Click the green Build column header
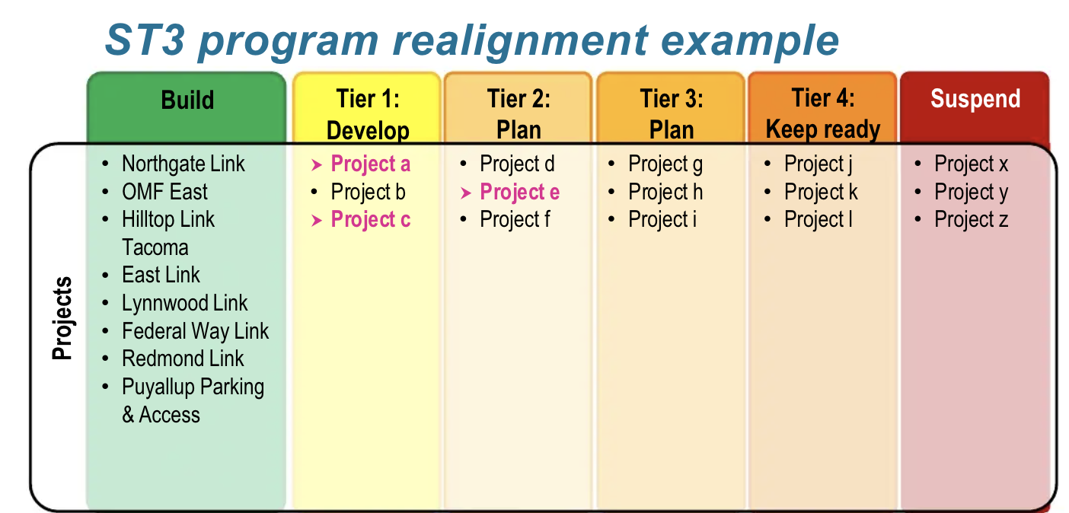(x=187, y=100)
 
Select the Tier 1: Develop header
(x=368, y=114)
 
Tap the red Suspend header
(x=975, y=100)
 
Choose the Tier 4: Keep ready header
(x=822, y=114)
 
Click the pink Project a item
(x=370, y=164)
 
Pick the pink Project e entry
(x=519, y=192)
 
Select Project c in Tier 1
(x=370, y=220)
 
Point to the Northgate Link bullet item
(x=183, y=164)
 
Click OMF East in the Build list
(x=164, y=192)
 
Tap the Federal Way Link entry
(x=195, y=331)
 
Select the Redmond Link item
(x=183, y=358)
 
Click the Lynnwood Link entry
(x=184, y=303)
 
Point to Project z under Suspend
(x=971, y=220)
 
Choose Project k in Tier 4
(x=821, y=192)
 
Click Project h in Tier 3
(x=665, y=192)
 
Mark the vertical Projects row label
(x=62, y=317)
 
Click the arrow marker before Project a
(x=317, y=164)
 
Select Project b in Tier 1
(x=368, y=192)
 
